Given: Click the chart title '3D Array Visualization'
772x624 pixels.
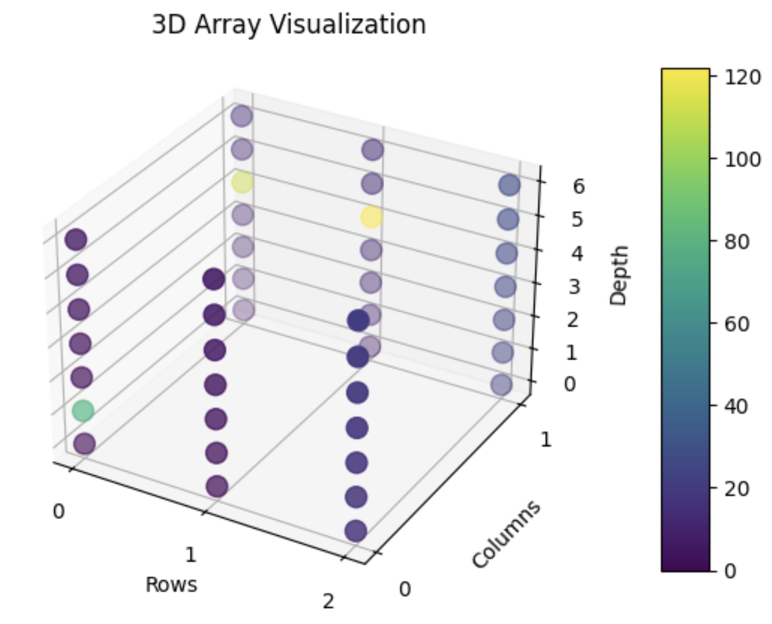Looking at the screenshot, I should pyautogui.click(x=289, y=25).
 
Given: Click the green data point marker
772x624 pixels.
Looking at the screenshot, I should pyautogui.click(x=83, y=411).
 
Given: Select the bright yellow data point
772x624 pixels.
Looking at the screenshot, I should pyautogui.click(x=372, y=217).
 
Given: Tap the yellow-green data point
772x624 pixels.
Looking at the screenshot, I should pyautogui.click(x=242, y=182).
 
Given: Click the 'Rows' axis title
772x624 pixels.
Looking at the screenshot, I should pyautogui.click(x=171, y=585).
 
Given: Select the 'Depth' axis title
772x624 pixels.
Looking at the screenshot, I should pyautogui.click(x=618, y=275).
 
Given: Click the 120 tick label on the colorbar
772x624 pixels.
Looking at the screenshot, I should pyautogui.click(x=743, y=77).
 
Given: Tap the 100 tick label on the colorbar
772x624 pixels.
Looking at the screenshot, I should pyautogui.click(x=743, y=159).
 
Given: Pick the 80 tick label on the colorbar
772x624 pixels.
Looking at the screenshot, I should pyautogui.click(x=737, y=241).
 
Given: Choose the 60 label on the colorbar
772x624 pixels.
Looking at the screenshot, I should pyautogui.click(x=737, y=323).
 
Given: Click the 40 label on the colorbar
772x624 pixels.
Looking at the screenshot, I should pyautogui.click(x=737, y=406).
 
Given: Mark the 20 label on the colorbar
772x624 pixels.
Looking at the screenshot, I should pyautogui.click(x=737, y=488).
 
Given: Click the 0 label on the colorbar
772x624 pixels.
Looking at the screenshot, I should pyautogui.click(x=731, y=570).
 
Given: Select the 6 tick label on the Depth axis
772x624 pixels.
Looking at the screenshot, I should pyautogui.click(x=578, y=186).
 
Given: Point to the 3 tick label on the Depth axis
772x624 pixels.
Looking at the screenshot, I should pyautogui.click(x=574, y=286).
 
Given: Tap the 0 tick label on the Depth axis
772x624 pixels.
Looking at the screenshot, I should pyautogui.click(x=570, y=383).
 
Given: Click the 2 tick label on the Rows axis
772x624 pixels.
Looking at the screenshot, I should pyautogui.click(x=329, y=601).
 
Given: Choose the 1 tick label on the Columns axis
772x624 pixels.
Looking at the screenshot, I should pyautogui.click(x=546, y=440).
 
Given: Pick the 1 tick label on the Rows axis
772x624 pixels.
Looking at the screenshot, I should pyautogui.click(x=191, y=553).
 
